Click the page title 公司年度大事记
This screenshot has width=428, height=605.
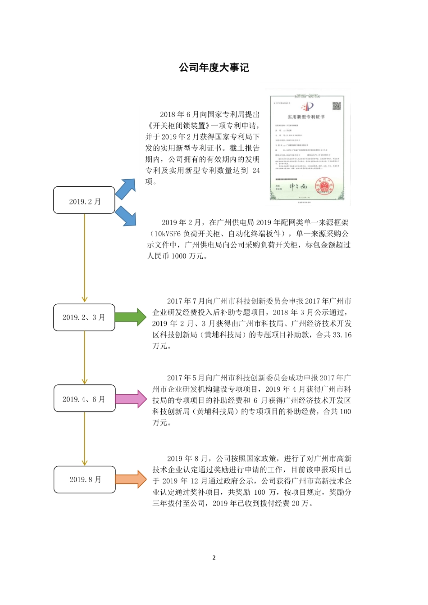pyautogui.click(x=214, y=68)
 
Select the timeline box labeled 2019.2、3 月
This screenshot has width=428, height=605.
pyautogui.click(x=84, y=317)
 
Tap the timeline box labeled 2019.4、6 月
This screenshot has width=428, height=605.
pyautogui.click(x=84, y=398)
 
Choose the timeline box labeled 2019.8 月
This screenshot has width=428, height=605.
pyautogui.click(x=85, y=479)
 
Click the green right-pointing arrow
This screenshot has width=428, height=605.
pyautogui.click(x=130, y=317)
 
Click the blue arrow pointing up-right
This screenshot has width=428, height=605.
pyautogui.click(x=126, y=189)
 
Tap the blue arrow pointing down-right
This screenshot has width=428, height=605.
pyautogui.click(x=126, y=217)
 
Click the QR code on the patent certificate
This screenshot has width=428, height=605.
pyautogui.click(x=337, y=106)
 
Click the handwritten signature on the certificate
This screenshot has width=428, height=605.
pyautogui.click(x=298, y=186)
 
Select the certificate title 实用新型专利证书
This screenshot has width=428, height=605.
pyautogui.click(x=306, y=117)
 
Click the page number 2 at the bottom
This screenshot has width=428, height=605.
pyautogui.click(x=214, y=558)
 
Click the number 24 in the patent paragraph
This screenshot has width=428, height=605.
pyautogui.click(x=256, y=171)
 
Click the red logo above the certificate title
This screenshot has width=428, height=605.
pyautogui.click(x=307, y=107)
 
